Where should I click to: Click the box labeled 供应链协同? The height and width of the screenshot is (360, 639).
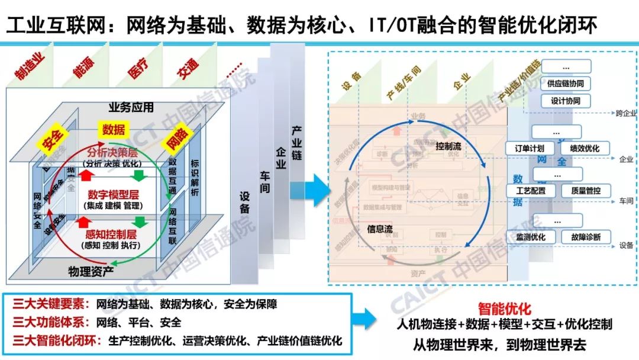click(566, 83)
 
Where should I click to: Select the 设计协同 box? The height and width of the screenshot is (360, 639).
click(566, 101)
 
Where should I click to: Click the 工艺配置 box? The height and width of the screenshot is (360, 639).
click(531, 191)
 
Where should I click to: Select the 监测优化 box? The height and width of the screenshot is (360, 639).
click(531, 237)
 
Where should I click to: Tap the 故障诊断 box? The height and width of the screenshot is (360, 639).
click(585, 237)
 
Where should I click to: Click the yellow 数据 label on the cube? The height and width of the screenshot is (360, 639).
click(113, 129)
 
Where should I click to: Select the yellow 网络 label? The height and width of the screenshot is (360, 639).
click(176, 141)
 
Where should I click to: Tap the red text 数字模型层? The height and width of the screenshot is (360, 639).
click(113, 194)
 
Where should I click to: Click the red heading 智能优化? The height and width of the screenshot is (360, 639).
click(505, 309)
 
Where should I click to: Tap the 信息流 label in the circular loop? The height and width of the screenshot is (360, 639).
click(380, 229)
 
